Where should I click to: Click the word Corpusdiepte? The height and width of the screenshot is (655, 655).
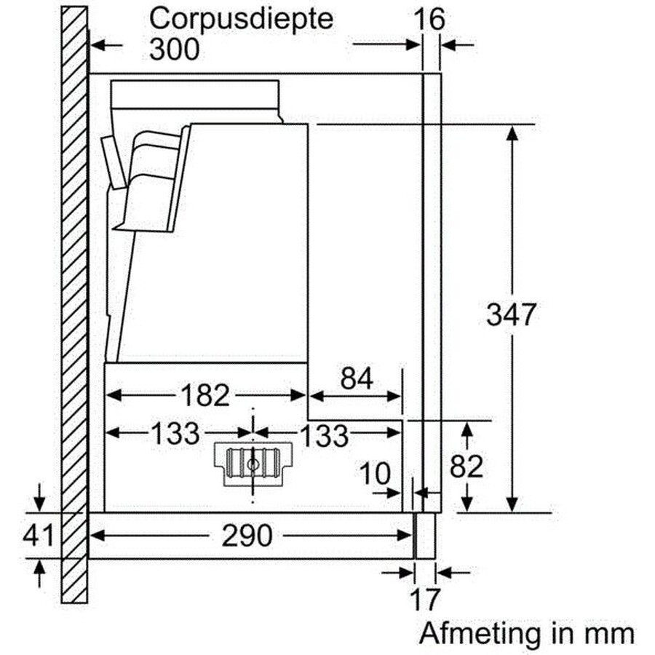(241, 19)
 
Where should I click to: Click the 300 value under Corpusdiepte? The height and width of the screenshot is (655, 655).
(174, 49)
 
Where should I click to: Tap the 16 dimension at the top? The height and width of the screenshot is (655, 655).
(429, 19)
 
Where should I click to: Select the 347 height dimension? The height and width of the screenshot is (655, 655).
(511, 314)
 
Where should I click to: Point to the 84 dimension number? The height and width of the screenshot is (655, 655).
(357, 378)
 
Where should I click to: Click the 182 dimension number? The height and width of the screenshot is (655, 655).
(205, 395)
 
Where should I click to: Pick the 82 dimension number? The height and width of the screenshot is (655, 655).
(467, 466)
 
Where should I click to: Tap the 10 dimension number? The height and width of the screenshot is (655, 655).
(375, 474)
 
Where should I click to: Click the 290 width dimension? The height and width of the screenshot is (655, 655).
(247, 536)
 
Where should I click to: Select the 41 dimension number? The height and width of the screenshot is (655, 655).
(38, 535)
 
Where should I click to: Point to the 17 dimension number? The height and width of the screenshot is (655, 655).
(424, 600)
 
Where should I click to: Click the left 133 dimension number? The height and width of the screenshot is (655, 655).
(175, 434)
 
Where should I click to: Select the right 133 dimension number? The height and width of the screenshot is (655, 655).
(324, 436)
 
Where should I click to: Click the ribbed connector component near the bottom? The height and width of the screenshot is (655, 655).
(253, 464)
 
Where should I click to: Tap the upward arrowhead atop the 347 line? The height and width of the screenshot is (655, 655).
(512, 135)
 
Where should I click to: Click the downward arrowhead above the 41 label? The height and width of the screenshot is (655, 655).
(39, 503)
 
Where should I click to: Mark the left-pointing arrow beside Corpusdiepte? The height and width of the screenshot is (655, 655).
(106, 45)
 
